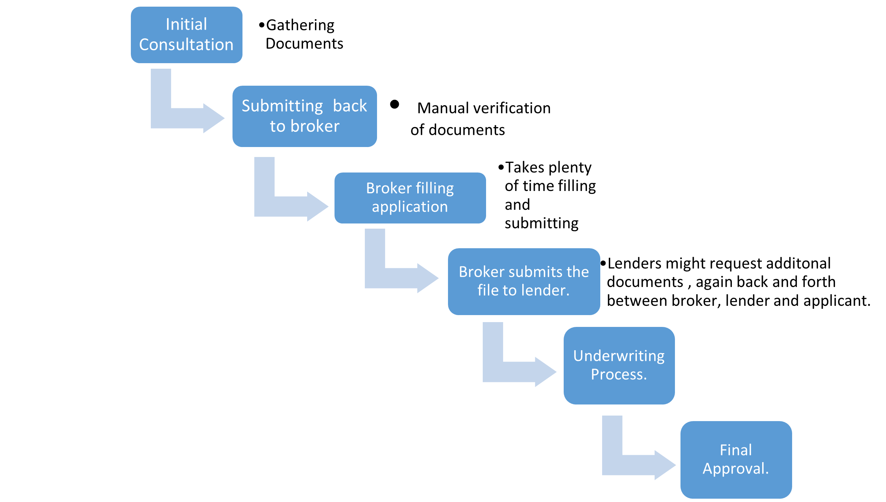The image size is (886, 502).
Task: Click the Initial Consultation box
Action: (x=186, y=35)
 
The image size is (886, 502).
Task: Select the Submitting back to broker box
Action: (x=304, y=116)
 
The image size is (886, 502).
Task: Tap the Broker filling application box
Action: (x=410, y=198)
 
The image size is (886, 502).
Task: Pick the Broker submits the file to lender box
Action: (x=523, y=281)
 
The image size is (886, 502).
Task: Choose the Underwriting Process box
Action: (x=619, y=365)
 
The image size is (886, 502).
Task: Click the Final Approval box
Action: (x=736, y=460)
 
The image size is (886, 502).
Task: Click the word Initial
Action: (x=186, y=24)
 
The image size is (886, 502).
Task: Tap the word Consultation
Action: (x=186, y=45)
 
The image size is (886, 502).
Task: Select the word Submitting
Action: (x=282, y=106)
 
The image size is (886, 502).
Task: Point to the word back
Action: (x=350, y=106)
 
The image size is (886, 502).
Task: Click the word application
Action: (x=410, y=207)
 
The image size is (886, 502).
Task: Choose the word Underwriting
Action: (x=619, y=356)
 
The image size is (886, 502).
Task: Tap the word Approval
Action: (x=736, y=469)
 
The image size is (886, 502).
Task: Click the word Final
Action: (x=736, y=450)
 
